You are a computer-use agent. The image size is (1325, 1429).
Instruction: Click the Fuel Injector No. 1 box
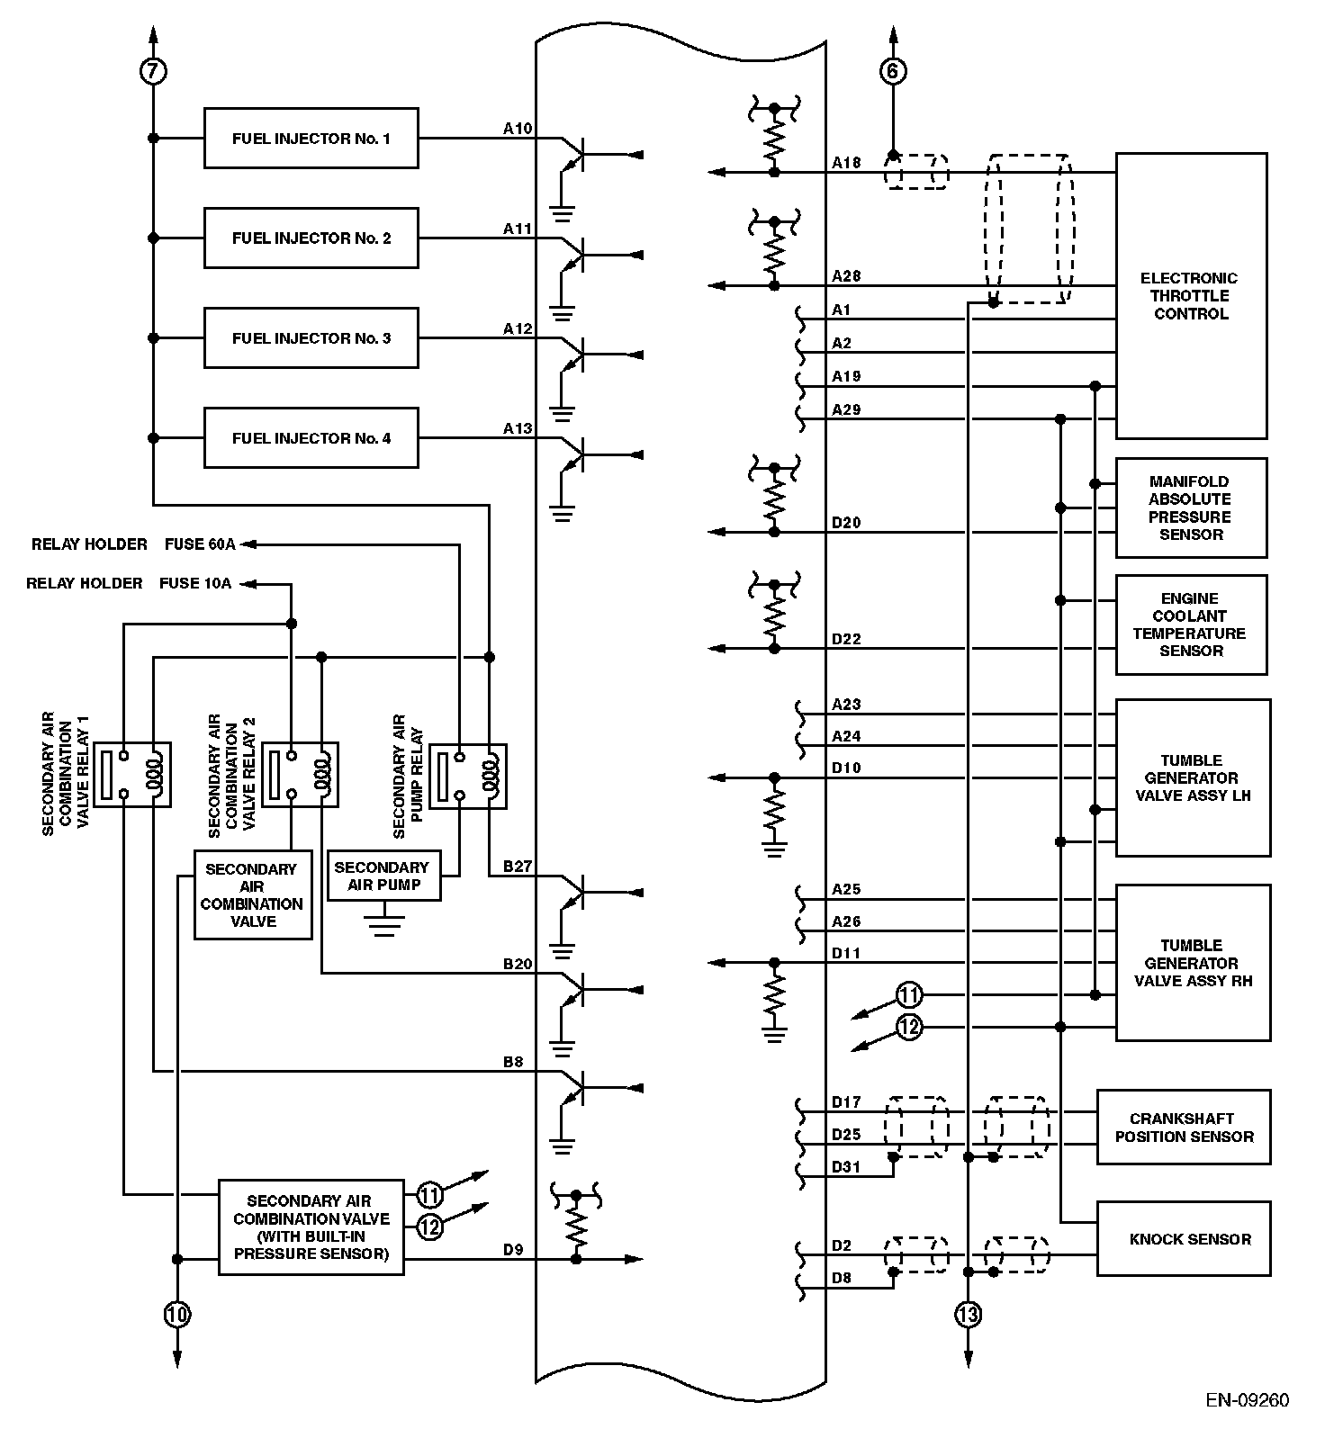coord(311,139)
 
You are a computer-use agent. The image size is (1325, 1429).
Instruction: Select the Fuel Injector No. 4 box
coord(311,438)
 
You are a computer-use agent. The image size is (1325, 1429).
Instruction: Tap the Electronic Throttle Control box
coord(1191,296)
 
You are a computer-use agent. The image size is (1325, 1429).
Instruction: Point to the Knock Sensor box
coord(1184,1239)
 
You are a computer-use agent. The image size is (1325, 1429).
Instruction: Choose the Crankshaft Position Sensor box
coord(1184,1128)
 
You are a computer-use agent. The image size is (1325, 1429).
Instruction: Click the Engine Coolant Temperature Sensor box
coord(1191,625)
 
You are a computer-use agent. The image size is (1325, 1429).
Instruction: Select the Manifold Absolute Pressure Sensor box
coord(1191,508)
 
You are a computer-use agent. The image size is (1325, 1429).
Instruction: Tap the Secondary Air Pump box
coord(384,876)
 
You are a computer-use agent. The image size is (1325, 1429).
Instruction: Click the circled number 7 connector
coord(154,70)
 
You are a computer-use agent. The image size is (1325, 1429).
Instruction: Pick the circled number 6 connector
coord(892,70)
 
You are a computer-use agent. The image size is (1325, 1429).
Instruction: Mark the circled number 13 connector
coord(968,1315)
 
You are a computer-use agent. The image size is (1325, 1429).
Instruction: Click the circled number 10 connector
coord(177,1315)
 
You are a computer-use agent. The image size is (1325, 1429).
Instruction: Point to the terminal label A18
coord(846,163)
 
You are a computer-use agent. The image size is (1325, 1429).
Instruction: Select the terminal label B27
coord(518,867)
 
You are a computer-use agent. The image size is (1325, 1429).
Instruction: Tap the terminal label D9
coord(513,1250)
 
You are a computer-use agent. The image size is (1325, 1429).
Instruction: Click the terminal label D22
coord(846,640)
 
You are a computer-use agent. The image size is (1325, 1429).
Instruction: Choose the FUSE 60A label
coord(200,544)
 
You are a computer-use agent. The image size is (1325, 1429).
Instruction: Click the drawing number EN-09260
coord(1248,1400)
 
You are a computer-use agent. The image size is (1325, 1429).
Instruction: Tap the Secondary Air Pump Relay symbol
coord(468,776)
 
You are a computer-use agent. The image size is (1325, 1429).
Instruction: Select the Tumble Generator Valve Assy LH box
coord(1193,777)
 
